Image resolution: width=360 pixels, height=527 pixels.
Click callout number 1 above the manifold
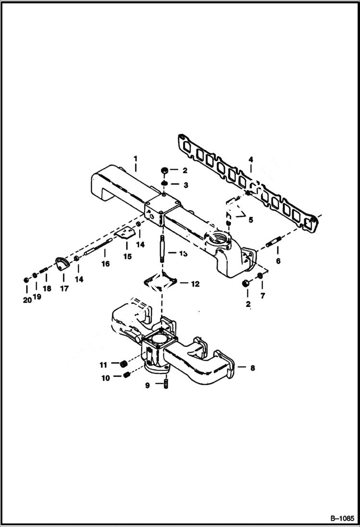pos(136,158)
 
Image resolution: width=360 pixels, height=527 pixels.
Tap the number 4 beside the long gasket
pos(250,159)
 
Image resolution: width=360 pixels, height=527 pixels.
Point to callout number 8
pos(253,368)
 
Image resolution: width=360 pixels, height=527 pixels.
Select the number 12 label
pos(195,284)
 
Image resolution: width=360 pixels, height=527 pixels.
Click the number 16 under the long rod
pos(105,264)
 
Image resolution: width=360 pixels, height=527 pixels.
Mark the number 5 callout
pos(250,220)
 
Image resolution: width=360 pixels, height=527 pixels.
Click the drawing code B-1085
pos(342,519)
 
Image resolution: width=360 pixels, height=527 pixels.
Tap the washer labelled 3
pos(164,185)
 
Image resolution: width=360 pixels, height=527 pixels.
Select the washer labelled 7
pos(260,275)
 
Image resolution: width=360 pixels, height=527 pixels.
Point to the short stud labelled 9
pos(165,384)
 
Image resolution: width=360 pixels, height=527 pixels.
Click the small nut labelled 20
pos(25,280)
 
